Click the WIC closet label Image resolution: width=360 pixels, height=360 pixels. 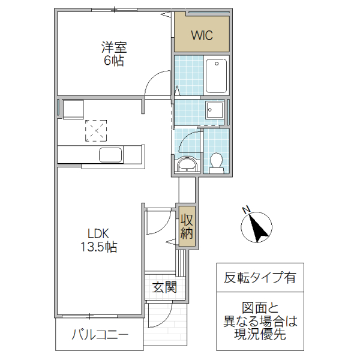(x=202, y=35)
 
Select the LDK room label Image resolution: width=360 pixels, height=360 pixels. (x=100, y=233)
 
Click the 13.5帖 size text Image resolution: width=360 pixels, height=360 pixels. (x=100, y=247)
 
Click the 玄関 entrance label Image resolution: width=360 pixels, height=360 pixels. (x=164, y=287)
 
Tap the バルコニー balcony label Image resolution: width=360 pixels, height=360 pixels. (x=100, y=335)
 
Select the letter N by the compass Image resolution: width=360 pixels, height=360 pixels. (x=245, y=209)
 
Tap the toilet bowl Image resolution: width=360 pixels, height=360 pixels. (x=216, y=161)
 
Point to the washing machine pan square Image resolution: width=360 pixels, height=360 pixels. (x=214, y=109)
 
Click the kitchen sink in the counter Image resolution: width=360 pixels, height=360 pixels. (x=111, y=155)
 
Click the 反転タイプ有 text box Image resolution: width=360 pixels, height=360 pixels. (x=260, y=278)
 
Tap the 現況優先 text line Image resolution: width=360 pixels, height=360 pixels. (x=260, y=335)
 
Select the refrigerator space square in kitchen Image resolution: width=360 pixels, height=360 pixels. (x=73, y=110)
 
